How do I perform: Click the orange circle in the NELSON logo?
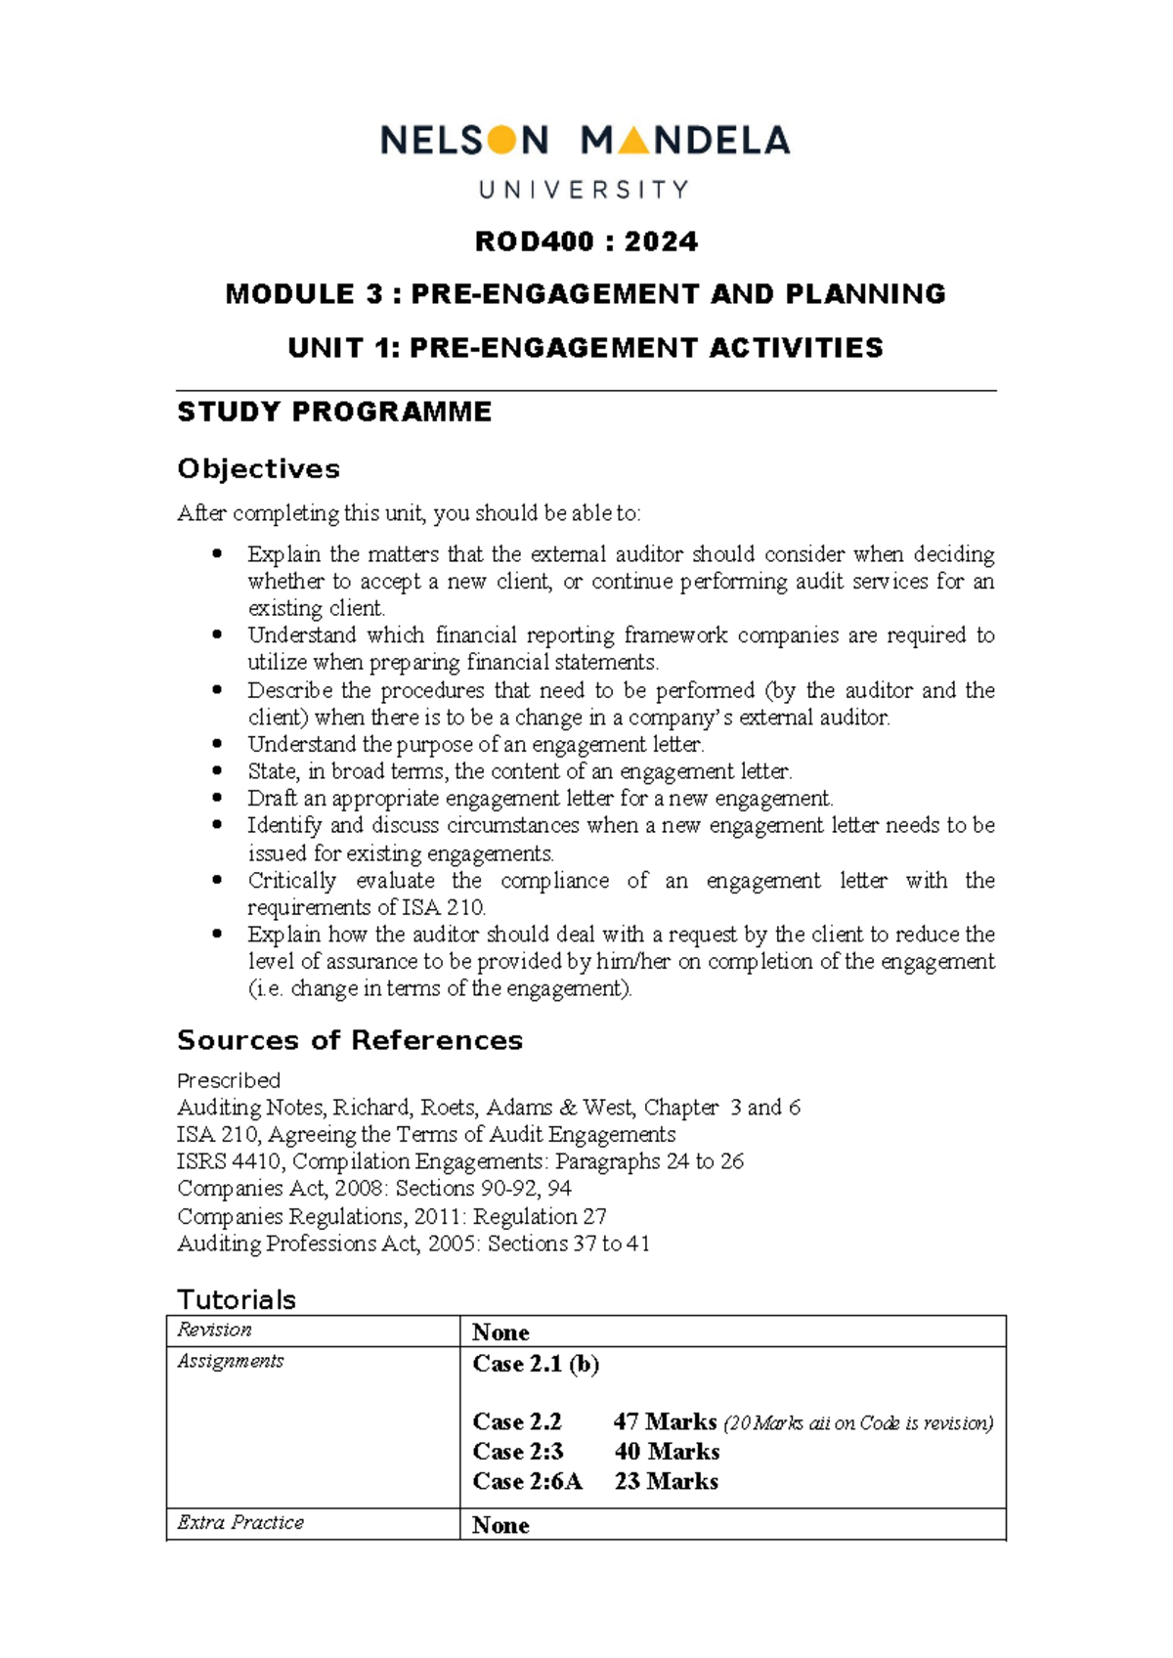click(501, 141)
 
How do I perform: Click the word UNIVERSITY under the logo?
click(584, 190)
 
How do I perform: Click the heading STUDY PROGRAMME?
click(334, 412)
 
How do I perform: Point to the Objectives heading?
click(258, 469)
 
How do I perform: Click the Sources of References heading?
click(349, 1040)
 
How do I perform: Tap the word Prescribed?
click(228, 1080)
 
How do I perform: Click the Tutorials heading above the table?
click(236, 1299)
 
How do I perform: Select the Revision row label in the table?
click(214, 1330)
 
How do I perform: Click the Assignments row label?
click(230, 1361)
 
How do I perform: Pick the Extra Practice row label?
click(239, 1522)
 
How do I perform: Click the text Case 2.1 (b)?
click(535, 1364)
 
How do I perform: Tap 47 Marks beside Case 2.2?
click(665, 1421)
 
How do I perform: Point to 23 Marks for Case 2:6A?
click(666, 1481)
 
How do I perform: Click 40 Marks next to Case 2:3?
click(667, 1452)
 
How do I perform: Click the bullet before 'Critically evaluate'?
click(217, 880)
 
